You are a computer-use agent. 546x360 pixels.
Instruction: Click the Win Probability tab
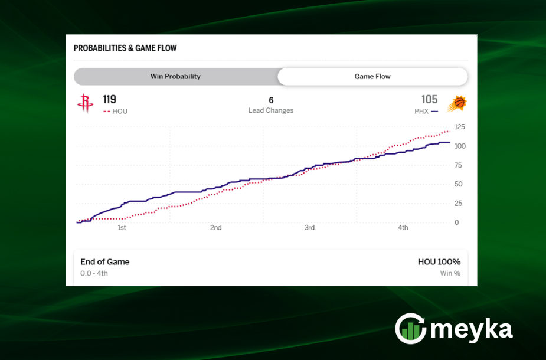point(175,76)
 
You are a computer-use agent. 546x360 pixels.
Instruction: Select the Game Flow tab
point(372,76)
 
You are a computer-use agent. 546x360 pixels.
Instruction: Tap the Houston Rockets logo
point(85,104)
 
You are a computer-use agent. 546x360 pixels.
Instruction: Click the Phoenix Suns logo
point(456,104)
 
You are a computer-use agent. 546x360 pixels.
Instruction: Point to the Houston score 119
point(110,99)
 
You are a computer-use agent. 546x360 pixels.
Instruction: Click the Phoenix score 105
point(429,99)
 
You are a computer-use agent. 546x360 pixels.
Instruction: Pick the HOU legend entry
point(116,111)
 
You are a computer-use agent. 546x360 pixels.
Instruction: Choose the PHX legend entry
point(426,111)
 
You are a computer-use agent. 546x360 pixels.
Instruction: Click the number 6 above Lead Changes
point(271,100)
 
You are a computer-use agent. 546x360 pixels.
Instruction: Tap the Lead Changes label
point(271,110)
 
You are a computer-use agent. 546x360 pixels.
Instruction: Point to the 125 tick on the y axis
point(459,127)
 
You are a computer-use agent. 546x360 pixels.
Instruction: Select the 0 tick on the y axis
point(456,222)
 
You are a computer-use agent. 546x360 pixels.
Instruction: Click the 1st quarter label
point(122,228)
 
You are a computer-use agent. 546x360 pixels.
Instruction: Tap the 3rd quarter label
point(309,228)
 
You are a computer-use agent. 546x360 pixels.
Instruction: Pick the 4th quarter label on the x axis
point(403,228)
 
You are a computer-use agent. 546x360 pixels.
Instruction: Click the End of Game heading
point(105,262)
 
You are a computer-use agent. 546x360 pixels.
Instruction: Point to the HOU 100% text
point(439,262)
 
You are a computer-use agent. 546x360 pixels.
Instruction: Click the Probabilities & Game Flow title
point(125,48)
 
